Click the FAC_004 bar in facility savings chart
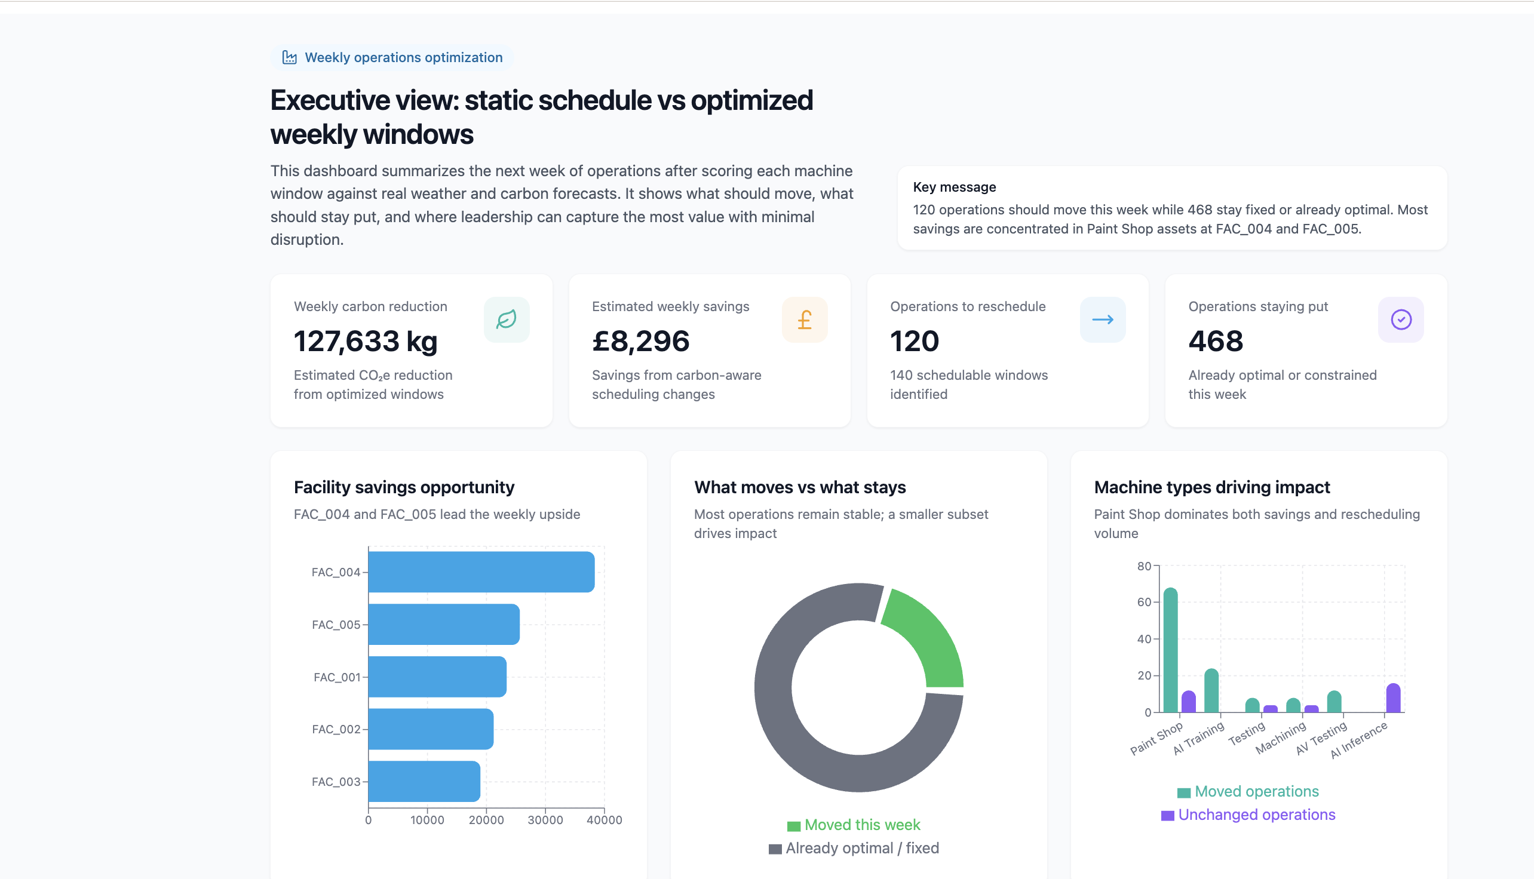pos(481,571)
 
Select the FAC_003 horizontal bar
pos(424,781)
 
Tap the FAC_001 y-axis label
pos(336,677)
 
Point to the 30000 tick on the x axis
pos(545,820)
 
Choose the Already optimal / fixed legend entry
pos(854,848)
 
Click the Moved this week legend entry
pos(854,825)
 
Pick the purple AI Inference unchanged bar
pos(1392,698)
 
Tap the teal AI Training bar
pos(1211,691)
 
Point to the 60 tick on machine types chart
pos(1143,602)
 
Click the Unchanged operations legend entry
pos(1248,815)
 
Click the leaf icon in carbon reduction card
pos(506,319)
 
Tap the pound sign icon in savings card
pos(804,319)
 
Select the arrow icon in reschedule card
pos(1102,319)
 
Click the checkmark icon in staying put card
pos(1401,319)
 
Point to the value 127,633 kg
pos(366,341)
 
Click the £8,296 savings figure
pos(640,341)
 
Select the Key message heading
pos(954,187)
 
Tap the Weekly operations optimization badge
pos(392,57)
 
